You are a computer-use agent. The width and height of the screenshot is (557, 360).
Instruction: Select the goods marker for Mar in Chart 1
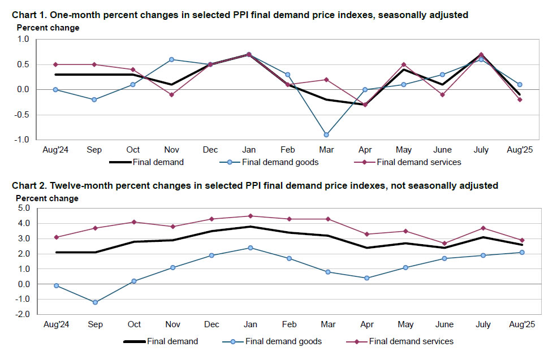pyautogui.click(x=326, y=135)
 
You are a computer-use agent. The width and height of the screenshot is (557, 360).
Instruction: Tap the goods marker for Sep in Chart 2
pyautogui.click(x=94, y=302)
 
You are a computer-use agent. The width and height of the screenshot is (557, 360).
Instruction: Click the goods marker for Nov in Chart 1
pyautogui.click(x=171, y=59)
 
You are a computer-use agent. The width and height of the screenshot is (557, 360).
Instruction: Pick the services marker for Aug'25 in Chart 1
pyautogui.click(x=520, y=99)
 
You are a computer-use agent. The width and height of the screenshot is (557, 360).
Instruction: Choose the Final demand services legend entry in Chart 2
pyautogui.click(x=411, y=341)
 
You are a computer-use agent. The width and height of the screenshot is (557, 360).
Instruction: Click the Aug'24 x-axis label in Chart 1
pyautogui.click(x=55, y=150)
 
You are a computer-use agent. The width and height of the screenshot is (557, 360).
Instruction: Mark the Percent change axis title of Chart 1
pyautogui.click(x=48, y=28)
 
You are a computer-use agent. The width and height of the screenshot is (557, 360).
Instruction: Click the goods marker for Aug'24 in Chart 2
pyautogui.click(x=55, y=285)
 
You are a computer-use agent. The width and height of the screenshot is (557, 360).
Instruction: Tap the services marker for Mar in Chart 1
pyautogui.click(x=326, y=80)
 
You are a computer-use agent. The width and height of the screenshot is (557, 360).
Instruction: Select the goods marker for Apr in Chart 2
pyautogui.click(x=367, y=278)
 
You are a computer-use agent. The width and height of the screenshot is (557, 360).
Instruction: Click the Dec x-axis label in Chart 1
pyautogui.click(x=210, y=150)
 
